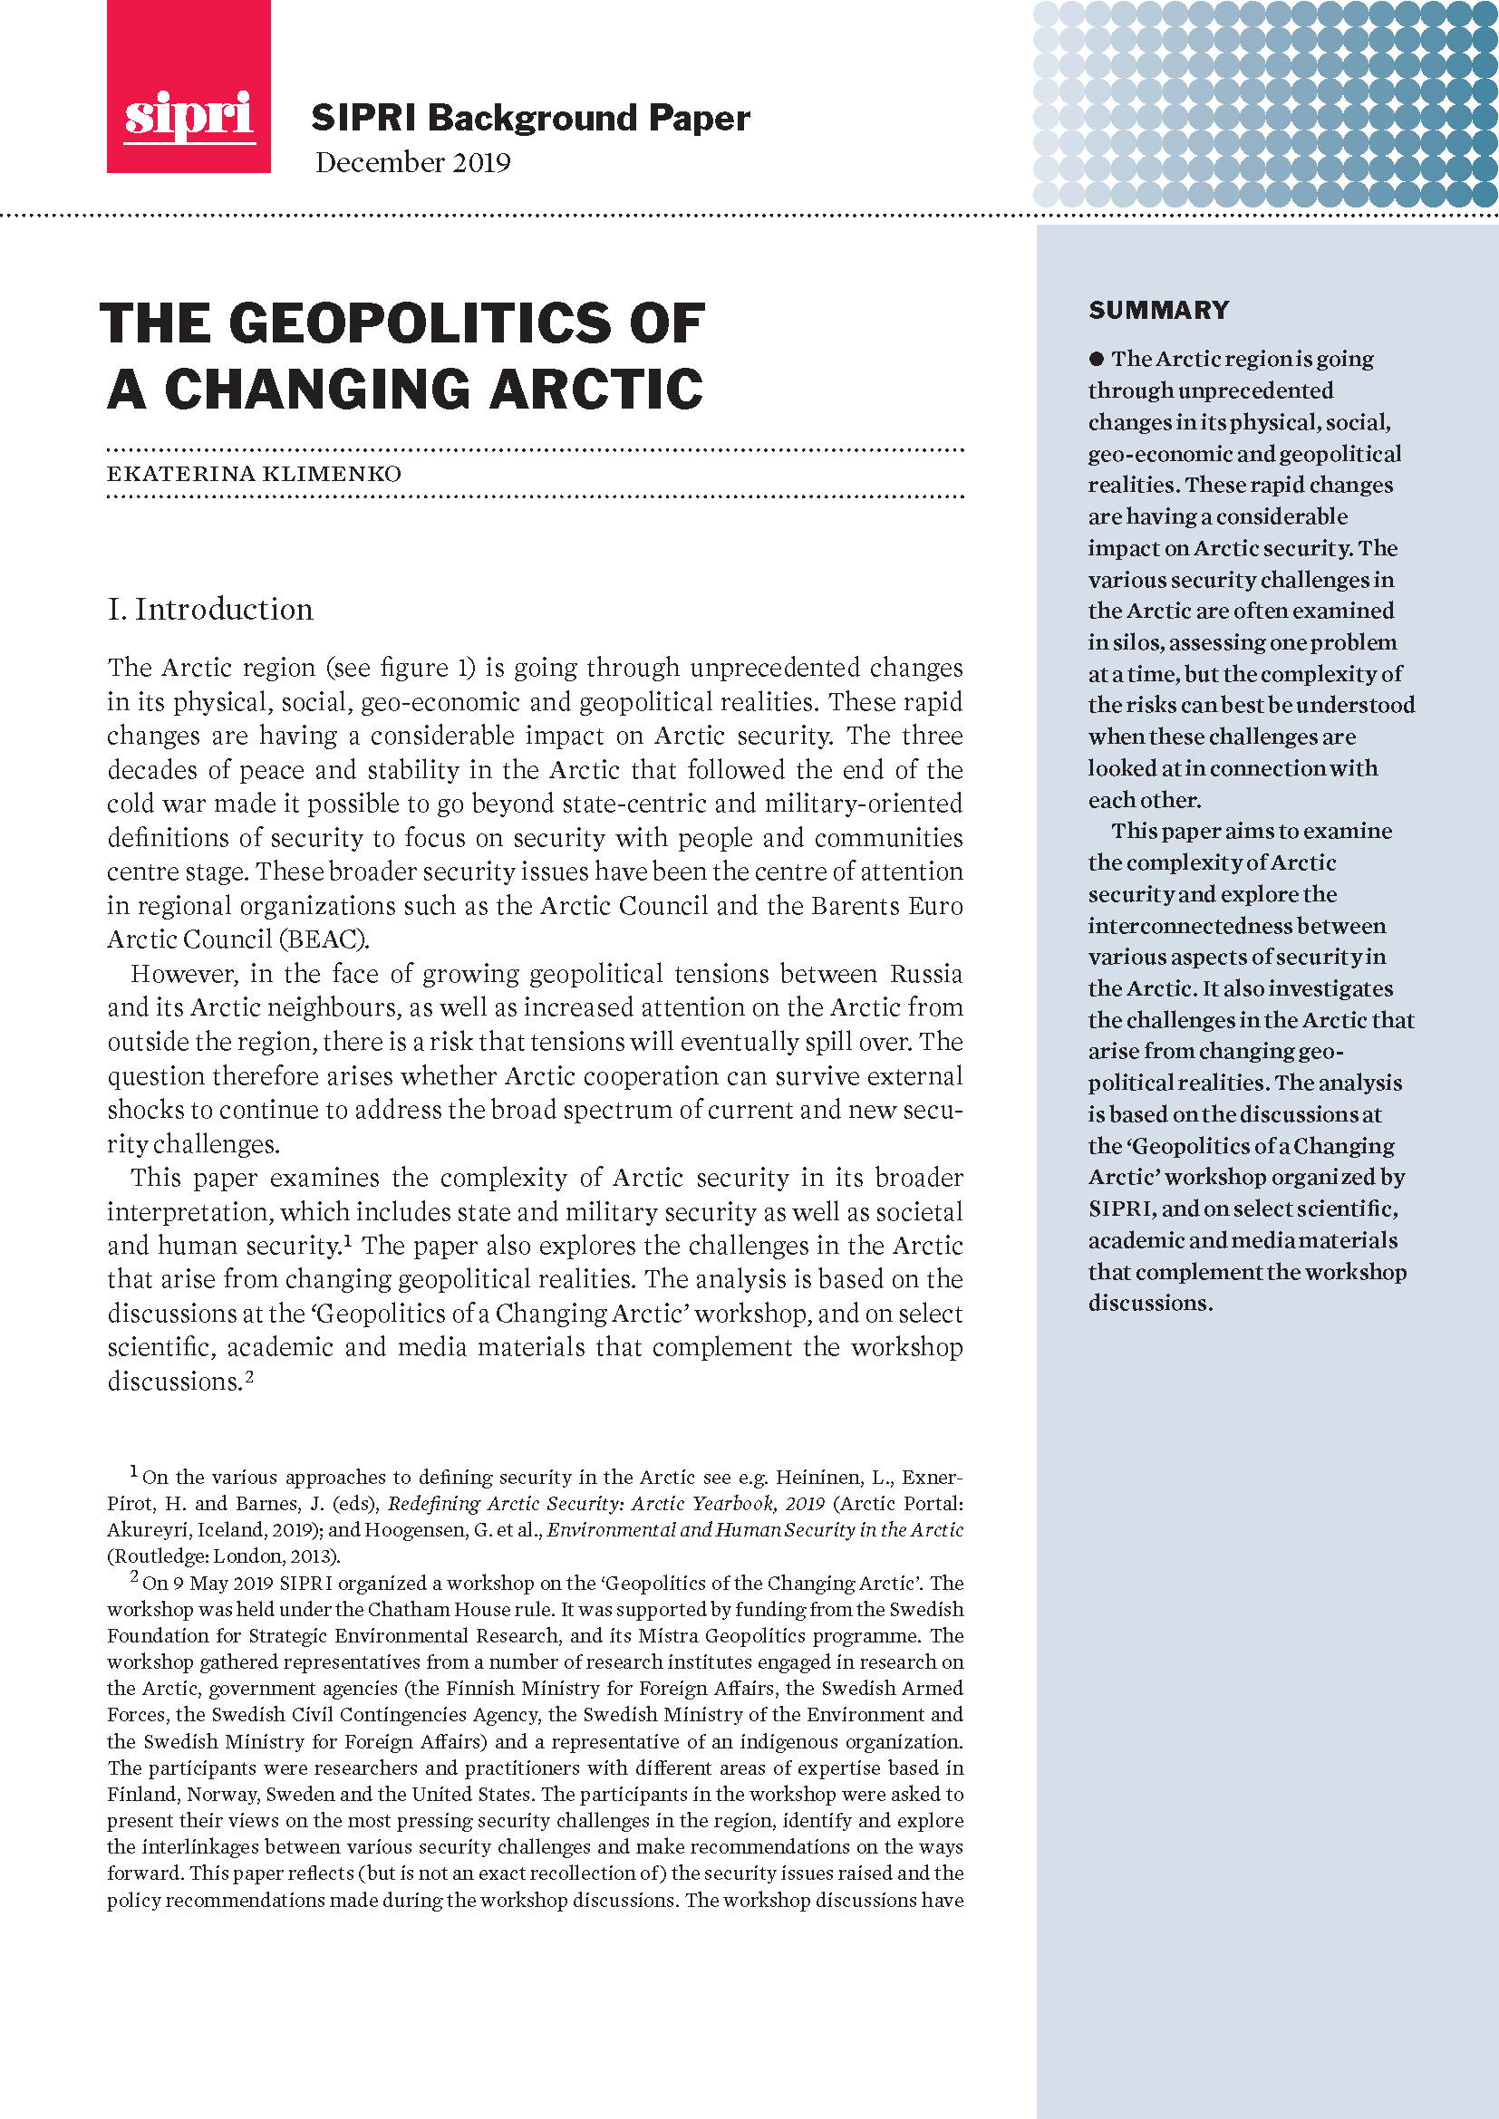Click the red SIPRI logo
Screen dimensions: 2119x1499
(x=189, y=87)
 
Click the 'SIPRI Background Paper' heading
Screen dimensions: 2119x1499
(x=530, y=118)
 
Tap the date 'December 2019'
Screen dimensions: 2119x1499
(x=412, y=162)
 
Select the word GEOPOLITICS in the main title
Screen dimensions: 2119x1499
(x=420, y=324)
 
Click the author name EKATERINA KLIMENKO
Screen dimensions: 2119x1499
(x=254, y=475)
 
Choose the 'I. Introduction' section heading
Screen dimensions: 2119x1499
(x=210, y=610)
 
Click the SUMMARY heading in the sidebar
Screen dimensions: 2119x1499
(x=1158, y=310)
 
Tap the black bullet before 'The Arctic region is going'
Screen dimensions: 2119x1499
(x=1097, y=359)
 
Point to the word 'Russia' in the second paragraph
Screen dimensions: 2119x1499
(x=926, y=974)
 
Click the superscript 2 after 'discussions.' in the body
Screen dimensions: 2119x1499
(x=248, y=1377)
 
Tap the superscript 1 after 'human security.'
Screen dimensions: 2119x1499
(x=348, y=1240)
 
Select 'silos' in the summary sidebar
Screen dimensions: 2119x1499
(x=1135, y=643)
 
